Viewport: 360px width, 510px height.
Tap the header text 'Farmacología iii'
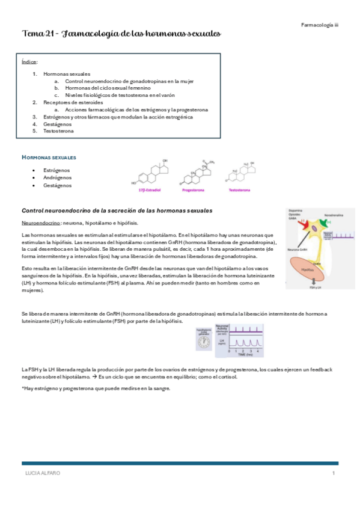[x=319, y=25]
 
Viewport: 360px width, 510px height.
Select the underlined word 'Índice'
[x=29, y=61]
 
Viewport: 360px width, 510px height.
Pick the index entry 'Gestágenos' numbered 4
[x=58, y=124]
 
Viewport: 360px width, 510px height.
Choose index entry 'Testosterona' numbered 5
[x=59, y=131]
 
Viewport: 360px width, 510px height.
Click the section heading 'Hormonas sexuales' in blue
[x=49, y=157]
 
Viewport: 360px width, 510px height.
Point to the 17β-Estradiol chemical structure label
[x=148, y=189]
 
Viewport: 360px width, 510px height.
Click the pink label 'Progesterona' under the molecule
[x=193, y=189]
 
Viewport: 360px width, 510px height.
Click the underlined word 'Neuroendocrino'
[x=40, y=223]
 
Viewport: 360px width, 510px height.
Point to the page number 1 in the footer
[x=333, y=474]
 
